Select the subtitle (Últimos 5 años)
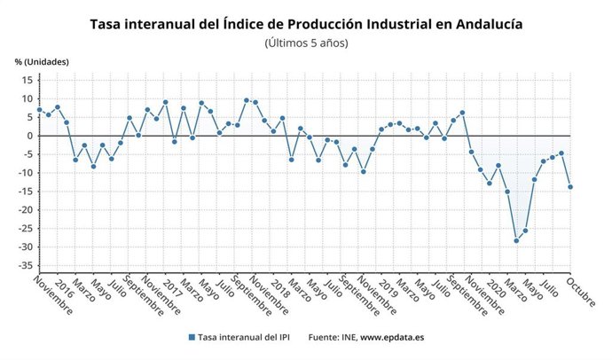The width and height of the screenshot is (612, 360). coord(306,43)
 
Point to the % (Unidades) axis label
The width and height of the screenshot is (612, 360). coord(42,62)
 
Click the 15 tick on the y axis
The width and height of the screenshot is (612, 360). coord(27,80)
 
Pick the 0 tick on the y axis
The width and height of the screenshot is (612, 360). coord(29,136)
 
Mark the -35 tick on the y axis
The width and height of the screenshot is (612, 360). coord(25,265)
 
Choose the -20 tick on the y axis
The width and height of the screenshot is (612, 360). coord(25,210)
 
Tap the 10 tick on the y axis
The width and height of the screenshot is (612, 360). coord(27,98)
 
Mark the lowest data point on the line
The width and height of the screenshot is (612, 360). coord(516,240)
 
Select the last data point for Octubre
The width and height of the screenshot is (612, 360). coord(569,186)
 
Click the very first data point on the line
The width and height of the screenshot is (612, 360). coord(39,110)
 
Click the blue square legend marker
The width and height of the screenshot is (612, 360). coord(192,337)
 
